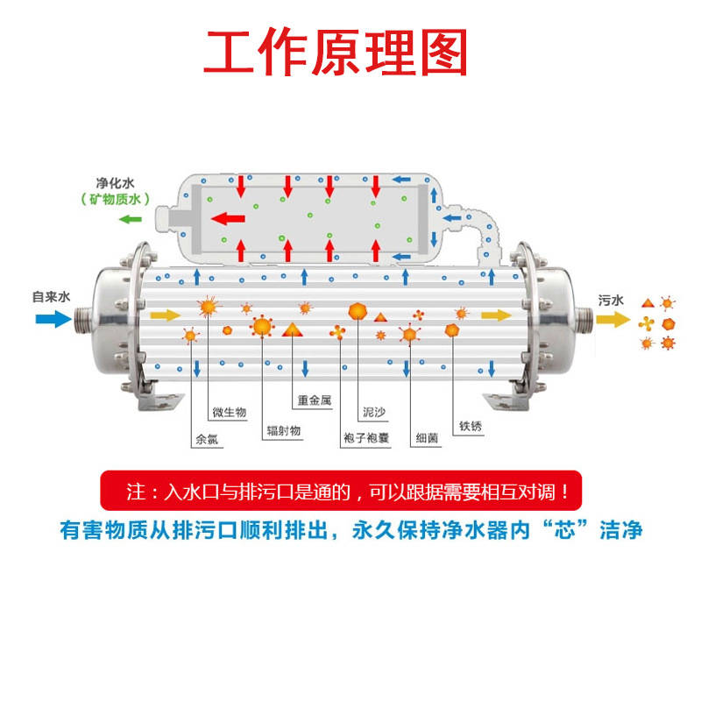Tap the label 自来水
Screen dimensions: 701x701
[x=51, y=296]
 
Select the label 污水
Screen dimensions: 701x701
[x=611, y=300]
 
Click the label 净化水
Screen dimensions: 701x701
[x=116, y=184]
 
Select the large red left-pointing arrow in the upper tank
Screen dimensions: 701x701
[x=230, y=218]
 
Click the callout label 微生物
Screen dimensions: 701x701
[x=230, y=412]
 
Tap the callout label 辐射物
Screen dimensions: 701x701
[x=284, y=432]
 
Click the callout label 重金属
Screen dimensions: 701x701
[x=314, y=400]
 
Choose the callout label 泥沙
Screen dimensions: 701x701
[x=374, y=411]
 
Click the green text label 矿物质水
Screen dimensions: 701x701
[x=115, y=201]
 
